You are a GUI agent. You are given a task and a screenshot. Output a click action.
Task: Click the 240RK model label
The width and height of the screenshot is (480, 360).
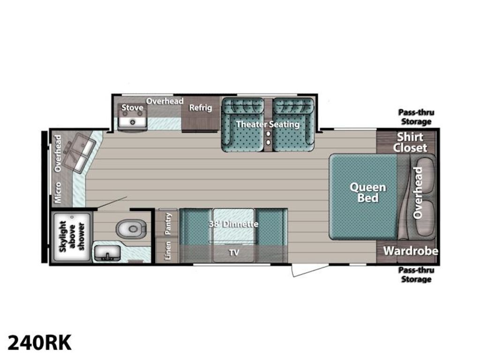point(39,342)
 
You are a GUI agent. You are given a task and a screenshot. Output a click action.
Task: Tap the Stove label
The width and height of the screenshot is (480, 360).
point(132,107)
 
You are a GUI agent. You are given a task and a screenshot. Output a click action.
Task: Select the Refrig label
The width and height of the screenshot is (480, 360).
point(200,108)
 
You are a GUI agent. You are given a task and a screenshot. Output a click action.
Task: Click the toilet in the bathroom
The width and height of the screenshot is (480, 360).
point(131,229)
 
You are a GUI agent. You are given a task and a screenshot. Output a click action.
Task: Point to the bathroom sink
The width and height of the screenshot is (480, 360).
point(107,253)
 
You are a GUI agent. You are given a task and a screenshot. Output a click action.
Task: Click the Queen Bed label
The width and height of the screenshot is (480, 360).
point(368,193)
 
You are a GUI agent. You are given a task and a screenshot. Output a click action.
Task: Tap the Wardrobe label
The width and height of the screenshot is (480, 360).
point(411,251)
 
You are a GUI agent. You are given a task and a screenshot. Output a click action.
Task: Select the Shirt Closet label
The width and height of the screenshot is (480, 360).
point(410,142)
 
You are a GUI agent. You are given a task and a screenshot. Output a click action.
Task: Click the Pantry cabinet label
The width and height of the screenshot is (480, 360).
point(168,224)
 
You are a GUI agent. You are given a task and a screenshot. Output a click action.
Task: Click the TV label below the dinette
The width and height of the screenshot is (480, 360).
point(234,253)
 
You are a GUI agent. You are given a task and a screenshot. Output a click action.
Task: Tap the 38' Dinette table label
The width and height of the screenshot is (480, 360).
point(233,224)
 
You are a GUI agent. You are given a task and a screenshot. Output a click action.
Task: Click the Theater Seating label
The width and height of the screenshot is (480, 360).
point(268,124)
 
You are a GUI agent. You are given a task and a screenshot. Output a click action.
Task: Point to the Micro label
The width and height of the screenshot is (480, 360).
point(58,193)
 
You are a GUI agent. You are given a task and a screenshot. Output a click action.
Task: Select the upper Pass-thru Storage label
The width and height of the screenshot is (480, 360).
point(416,117)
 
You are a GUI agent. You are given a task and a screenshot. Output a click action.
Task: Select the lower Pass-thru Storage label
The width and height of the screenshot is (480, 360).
point(416,275)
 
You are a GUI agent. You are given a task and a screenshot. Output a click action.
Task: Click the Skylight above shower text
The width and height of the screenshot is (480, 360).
point(72,236)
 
